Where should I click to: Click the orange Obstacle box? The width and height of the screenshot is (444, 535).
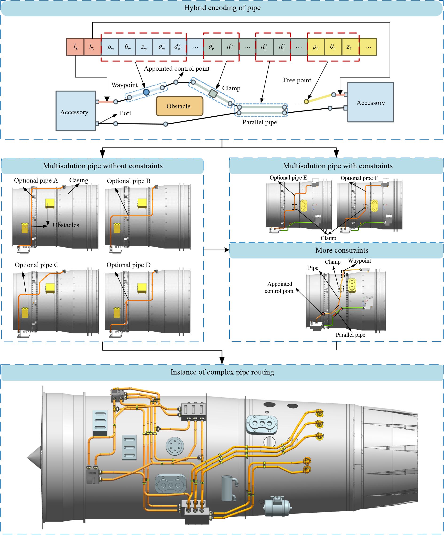(179, 106)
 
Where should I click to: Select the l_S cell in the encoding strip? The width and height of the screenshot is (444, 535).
(75, 47)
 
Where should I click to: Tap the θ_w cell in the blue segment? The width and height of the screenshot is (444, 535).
(127, 47)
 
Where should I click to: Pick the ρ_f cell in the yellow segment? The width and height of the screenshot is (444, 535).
(316, 47)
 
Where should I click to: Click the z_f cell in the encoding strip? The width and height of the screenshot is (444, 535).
(350, 47)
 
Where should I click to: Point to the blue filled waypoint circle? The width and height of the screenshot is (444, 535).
(146, 92)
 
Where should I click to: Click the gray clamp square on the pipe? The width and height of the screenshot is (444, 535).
(213, 93)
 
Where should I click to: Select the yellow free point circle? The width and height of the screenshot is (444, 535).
(306, 102)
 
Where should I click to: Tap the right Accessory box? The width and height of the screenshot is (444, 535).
(370, 102)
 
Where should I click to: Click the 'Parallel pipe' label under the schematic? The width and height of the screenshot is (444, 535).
(259, 122)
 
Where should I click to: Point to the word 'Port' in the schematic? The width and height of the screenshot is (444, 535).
(125, 113)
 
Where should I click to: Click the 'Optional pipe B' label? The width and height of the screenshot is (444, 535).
(129, 181)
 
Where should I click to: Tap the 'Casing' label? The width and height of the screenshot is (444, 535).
(78, 180)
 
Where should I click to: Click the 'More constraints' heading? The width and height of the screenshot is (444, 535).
(342, 250)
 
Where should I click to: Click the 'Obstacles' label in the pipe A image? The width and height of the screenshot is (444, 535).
(66, 225)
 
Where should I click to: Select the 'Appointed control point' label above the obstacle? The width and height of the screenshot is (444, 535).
(176, 69)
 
